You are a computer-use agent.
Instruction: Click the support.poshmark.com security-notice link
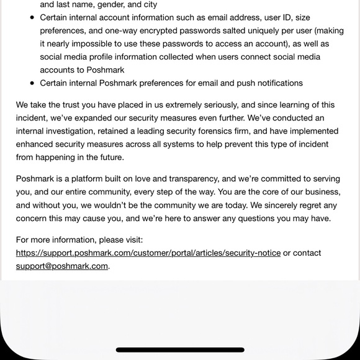click(148, 253)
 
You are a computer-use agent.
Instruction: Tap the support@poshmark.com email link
click(62, 266)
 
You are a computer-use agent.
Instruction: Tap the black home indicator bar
click(180, 350)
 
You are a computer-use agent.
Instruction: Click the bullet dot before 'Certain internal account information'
click(32, 17)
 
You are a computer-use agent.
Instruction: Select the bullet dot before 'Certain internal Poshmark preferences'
click(32, 83)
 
